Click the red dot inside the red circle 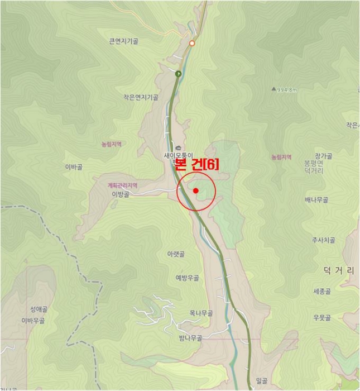tap(196, 191)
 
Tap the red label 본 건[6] tap(197, 163)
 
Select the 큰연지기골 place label tap(124, 41)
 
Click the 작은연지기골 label tap(141, 97)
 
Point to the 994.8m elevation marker tap(285, 89)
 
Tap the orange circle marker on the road tap(192, 43)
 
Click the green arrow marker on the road tap(179, 73)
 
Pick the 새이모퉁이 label tap(177, 155)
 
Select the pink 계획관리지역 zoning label tap(122, 185)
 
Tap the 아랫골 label tap(176, 254)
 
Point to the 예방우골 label tap(188, 278)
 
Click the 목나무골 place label tap(201, 313)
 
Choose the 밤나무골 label tap(190, 338)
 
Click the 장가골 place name tap(323, 156)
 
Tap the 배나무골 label tap(316, 199)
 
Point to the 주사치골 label tap(323, 240)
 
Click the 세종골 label tap(323, 292)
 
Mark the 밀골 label tap(262, 381)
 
